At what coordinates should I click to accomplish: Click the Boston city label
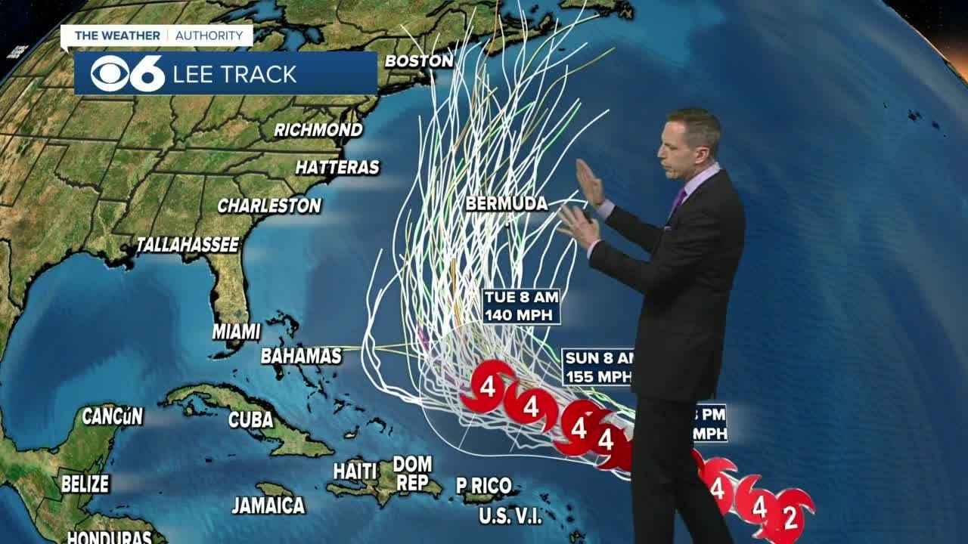[x=419, y=60]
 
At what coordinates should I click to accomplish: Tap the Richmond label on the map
[x=318, y=130]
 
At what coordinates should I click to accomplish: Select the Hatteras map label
[x=337, y=167]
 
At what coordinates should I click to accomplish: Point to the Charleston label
[x=269, y=206]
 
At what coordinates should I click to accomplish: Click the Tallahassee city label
[x=188, y=245]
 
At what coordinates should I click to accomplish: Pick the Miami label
[x=236, y=332]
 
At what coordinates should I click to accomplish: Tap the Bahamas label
[x=301, y=356]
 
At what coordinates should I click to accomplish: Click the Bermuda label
[x=507, y=203]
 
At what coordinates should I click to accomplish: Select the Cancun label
[x=112, y=416]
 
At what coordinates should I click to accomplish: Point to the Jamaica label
[x=268, y=505]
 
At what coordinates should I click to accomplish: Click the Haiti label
[x=355, y=471]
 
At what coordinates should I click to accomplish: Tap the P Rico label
[x=484, y=486]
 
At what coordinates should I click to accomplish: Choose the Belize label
[x=85, y=484]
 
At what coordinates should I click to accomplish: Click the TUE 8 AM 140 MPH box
[x=523, y=306]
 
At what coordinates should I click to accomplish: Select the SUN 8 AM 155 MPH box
[x=597, y=367]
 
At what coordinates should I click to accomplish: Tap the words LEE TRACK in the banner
[x=235, y=74]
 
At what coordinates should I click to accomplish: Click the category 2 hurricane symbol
[x=790, y=518]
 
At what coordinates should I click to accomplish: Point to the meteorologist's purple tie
[x=678, y=201]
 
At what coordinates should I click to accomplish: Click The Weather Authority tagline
[x=157, y=36]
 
